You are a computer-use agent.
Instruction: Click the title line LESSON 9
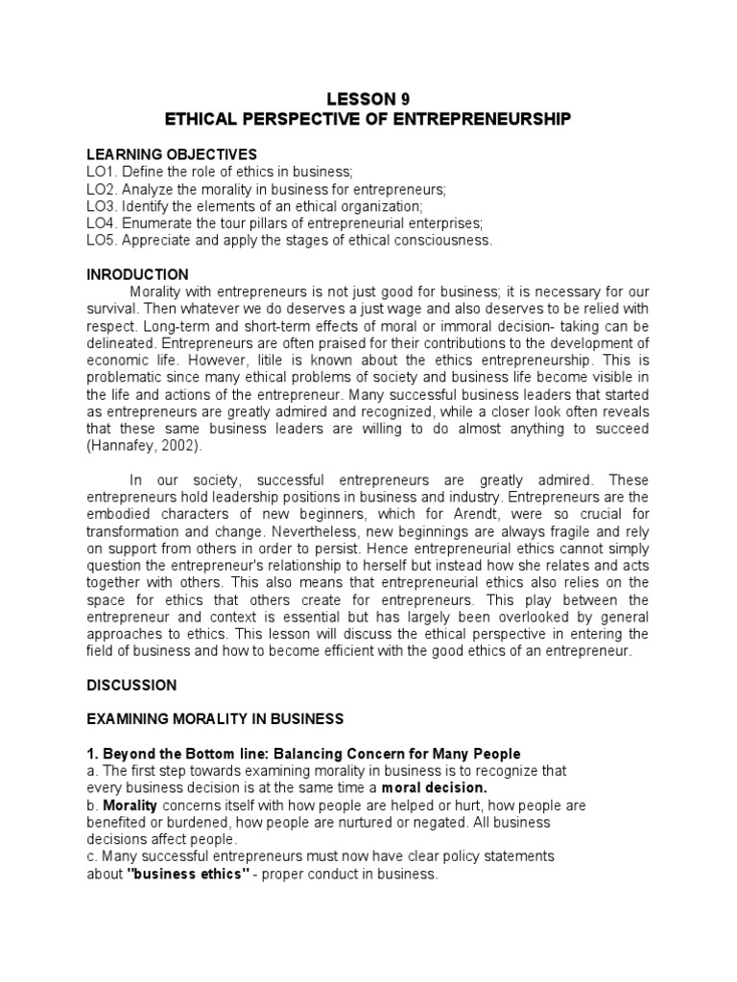[368, 99]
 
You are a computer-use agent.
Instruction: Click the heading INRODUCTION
[137, 275]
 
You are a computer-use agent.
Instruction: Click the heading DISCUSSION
[131, 686]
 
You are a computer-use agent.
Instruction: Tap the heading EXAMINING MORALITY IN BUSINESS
[215, 719]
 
